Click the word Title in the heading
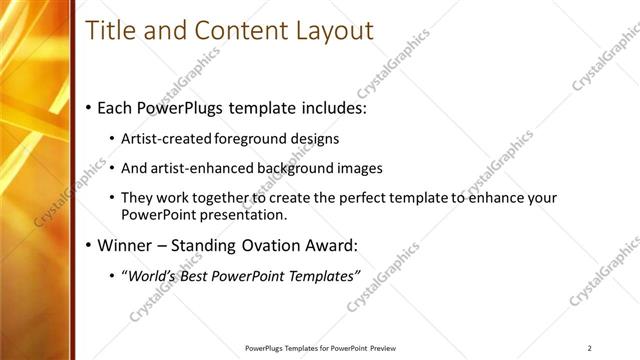coord(110,30)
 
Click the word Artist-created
coord(165,139)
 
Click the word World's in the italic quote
coord(151,274)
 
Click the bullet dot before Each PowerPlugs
coord(89,105)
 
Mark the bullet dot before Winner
coord(89,245)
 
